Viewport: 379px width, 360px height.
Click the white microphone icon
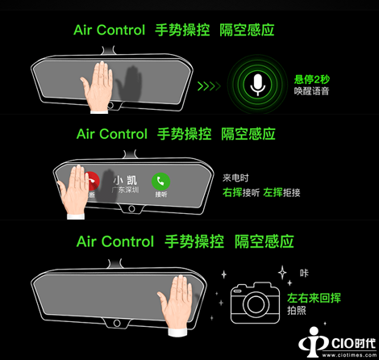coord(257,85)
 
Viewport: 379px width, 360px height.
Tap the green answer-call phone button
coord(160,181)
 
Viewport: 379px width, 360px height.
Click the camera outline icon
coord(255,303)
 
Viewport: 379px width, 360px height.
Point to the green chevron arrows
coord(209,86)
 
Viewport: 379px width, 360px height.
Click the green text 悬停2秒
coord(312,79)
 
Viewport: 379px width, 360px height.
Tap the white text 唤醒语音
coord(311,91)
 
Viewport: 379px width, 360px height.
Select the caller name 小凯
coord(125,180)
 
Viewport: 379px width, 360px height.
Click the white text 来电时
coord(235,178)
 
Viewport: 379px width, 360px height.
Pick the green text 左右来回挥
coord(314,298)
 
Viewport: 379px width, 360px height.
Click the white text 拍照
coord(297,311)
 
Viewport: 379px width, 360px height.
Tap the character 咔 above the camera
coord(304,273)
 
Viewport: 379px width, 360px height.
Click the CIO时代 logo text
coord(353,343)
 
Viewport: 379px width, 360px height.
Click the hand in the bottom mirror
coord(175,302)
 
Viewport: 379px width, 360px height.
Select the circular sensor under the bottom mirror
coord(117,323)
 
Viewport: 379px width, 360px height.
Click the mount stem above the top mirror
coord(109,50)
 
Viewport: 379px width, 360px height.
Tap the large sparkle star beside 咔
coord(282,273)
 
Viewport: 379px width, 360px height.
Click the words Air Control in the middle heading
coord(112,134)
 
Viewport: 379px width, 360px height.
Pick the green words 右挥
coord(232,192)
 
